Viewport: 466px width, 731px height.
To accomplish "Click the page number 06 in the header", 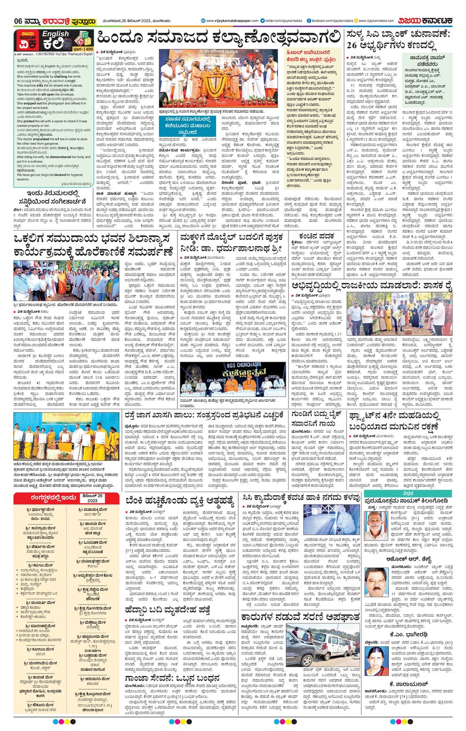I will point(18,21).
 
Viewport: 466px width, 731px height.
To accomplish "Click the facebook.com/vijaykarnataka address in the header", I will point(331,21).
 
